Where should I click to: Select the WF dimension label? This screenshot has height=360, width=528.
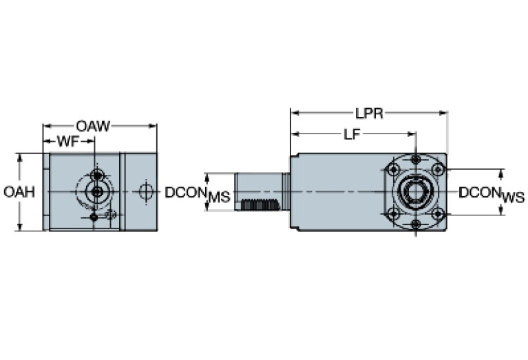tap(66, 141)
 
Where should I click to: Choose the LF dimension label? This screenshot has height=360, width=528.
tap(352, 135)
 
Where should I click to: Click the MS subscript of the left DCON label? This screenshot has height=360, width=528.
tap(218, 198)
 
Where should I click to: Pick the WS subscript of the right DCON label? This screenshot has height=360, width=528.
tap(513, 198)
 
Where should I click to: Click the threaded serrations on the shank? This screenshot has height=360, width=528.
tap(260, 204)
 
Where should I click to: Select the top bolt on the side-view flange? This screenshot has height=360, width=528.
tap(416, 160)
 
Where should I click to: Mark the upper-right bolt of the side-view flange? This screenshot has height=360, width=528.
tap(439, 169)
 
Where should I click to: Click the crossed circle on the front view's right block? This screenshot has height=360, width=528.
tap(144, 191)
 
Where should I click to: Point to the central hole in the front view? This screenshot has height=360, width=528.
tap(97, 191)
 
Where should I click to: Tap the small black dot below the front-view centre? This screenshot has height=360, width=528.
tap(94, 218)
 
